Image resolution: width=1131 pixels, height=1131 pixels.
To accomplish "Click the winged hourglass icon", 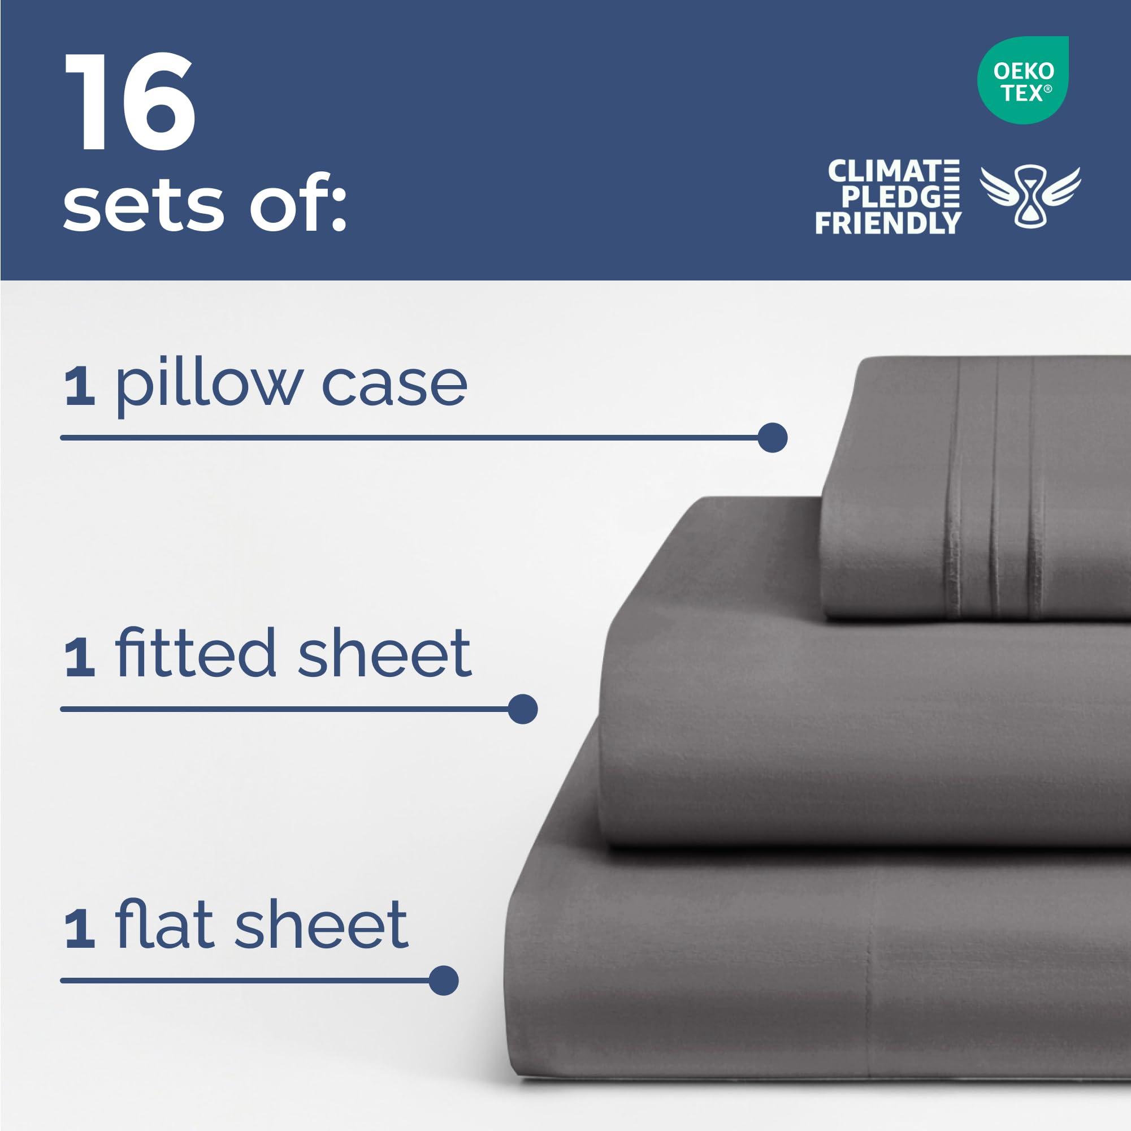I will (1030, 196).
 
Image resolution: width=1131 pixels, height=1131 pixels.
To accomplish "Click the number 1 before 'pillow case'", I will (80, 387).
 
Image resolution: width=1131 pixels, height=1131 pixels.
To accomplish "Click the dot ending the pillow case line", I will (772, 438).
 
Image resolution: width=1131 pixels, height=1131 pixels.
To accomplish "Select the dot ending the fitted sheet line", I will (523, 709).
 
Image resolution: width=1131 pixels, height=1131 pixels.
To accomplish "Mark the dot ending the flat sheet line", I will (443, 981).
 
